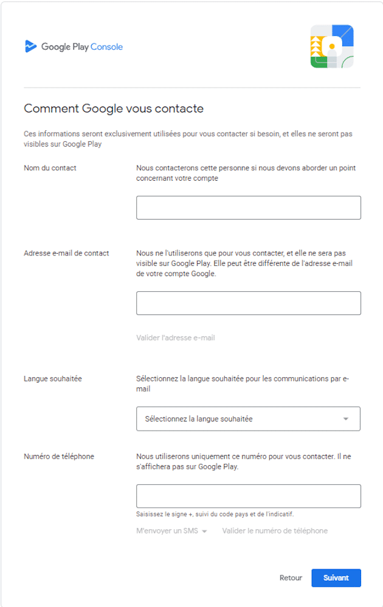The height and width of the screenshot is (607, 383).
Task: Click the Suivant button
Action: [x=336, y=578]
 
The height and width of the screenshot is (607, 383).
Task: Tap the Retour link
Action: [x=291, y=578]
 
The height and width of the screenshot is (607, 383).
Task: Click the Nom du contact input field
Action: [x=248, y=207]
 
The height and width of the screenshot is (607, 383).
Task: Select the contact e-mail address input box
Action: [x=248, y=303]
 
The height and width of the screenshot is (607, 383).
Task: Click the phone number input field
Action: [x=248, y=496]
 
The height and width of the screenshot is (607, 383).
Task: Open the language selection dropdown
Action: [x=248, y=418]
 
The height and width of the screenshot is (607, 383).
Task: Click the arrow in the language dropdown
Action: [x=346, y=419]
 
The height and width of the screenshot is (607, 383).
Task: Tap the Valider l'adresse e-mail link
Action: [x=176, y=338]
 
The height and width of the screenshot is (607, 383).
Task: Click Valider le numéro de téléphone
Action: [x=275, y=531]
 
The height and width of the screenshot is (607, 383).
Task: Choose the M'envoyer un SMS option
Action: [x=167, y=531]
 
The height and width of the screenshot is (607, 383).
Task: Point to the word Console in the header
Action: [x=107, y=47]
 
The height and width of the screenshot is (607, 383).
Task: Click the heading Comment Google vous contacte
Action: [x=114, y=109]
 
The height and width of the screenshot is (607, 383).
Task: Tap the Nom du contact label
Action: [x=50, y=168]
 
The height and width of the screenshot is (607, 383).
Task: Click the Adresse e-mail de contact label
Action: [x=66, y=253]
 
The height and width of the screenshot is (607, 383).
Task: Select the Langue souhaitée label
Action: [x=52, y=379]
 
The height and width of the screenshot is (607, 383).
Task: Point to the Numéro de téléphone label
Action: [x=59, y=456]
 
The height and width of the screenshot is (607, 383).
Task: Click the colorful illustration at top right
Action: [x=332, y=46]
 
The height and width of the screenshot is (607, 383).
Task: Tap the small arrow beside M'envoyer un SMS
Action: [x=204, y=532]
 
